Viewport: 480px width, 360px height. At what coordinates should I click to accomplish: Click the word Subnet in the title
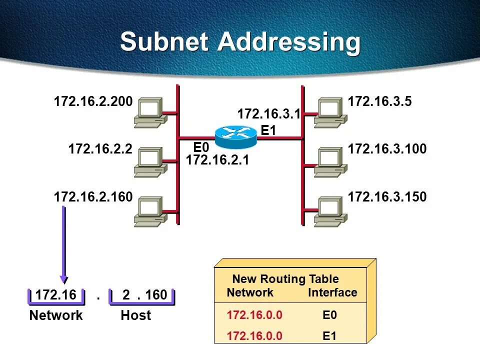click(164, 42)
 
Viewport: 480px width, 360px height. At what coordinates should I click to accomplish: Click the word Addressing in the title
click(288, 43)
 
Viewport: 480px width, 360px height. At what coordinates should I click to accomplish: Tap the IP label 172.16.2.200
click(93, 102)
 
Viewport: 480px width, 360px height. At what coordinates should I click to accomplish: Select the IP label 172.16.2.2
click(100, 149)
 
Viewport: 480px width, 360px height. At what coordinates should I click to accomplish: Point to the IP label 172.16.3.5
click(379, 102)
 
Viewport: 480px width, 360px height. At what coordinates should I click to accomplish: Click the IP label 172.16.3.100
click(387, 149)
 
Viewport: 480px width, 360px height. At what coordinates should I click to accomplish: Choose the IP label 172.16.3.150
click(387, 197)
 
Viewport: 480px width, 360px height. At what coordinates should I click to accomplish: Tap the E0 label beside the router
click(201, 147)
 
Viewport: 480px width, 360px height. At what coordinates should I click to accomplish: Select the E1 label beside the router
click(268, 131)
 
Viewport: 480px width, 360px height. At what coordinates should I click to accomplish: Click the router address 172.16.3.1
click(268, 114)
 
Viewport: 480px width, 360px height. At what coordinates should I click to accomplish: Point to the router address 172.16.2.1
click(217, 160)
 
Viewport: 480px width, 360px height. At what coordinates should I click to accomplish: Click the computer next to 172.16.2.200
click(149, 112)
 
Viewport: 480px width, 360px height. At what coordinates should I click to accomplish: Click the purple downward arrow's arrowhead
click(63, 277)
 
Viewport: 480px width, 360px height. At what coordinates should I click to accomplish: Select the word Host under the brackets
click(135, 315)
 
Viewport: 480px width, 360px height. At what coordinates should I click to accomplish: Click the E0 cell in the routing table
click(329, 315)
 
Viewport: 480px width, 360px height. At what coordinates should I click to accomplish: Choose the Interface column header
click(332, 292)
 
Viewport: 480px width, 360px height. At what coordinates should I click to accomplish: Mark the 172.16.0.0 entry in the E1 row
click(254, 336)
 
